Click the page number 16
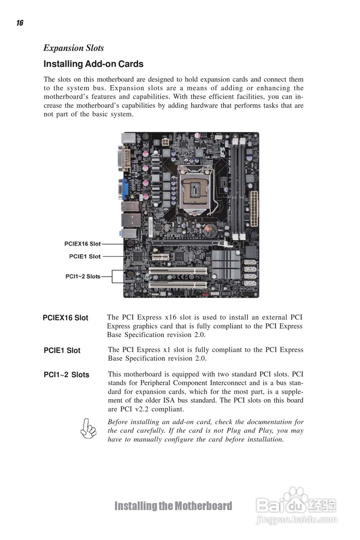(20, 23)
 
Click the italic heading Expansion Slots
(73, 48)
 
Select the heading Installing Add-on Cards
(93, 64)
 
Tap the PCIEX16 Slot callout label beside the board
(83, 244)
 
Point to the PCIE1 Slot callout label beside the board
(85, 256)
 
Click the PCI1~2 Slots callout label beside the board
(83, 276)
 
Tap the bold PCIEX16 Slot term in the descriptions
(65, 318)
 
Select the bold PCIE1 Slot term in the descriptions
(62, 351)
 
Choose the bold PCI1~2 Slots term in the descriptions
(66, 375)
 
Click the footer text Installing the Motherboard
(173, 506)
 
